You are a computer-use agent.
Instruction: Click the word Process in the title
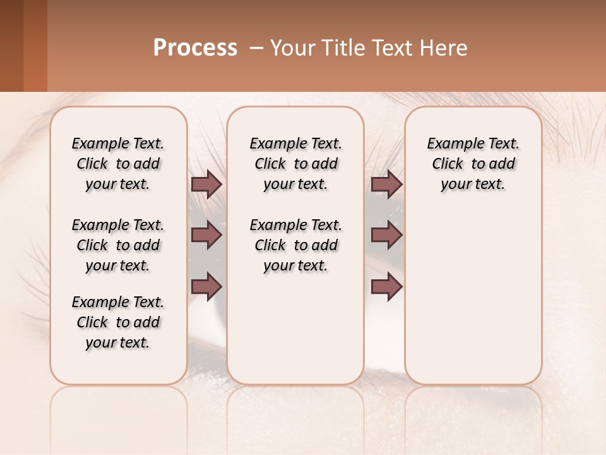pyautogui.click(x=195, y=48)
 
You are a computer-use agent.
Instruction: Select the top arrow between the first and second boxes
pyautogui.click(x=206, y=185)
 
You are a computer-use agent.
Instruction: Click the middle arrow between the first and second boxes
pyautogui.click(x=206, y=236)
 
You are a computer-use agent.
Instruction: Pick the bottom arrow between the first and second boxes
pyautogui.click(x=206, y=287)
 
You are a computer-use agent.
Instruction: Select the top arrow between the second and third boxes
pyautogui.click(x=386, y=185)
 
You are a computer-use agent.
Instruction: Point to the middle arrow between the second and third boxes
pyautogui.click(x=386, y=236)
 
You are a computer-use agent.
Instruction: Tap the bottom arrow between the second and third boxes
pyautogui.click(x=386, y=287)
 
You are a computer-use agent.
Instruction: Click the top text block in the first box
pyautogui.click(x=118, y=164)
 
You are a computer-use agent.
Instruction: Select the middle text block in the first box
pyautogui.click(x=118, y=245)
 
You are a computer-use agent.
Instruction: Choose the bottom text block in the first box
pyautogui.click(x=118, y=322)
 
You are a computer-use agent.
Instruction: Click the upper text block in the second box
pyautogui.click(x=295, y=164)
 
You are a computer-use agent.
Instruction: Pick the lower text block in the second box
pyautogui.click(x=295, y=245)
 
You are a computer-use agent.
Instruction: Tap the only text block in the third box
pyautogui.click(x=473, y=164)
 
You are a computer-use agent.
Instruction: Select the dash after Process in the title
pyautogui.click(x=256, y=48)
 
